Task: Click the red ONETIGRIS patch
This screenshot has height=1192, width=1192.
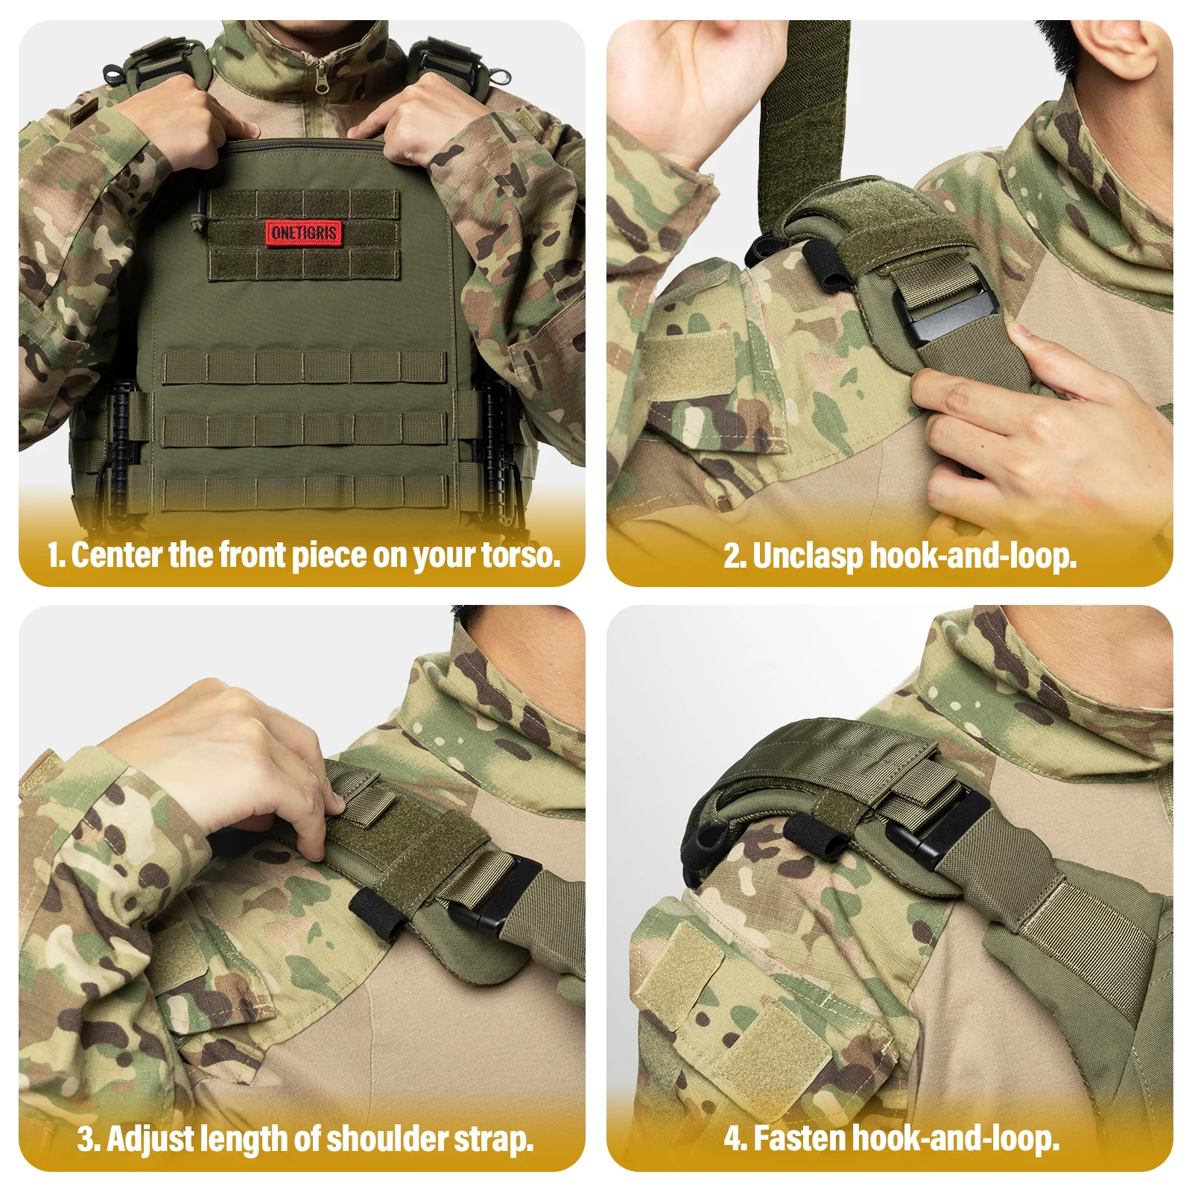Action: coord(303,233)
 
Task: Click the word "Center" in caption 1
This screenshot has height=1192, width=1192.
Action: coord(117,555)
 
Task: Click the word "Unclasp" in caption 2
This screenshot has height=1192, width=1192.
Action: coord(808,557)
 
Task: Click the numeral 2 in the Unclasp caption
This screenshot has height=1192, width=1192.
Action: coord(732,557)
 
